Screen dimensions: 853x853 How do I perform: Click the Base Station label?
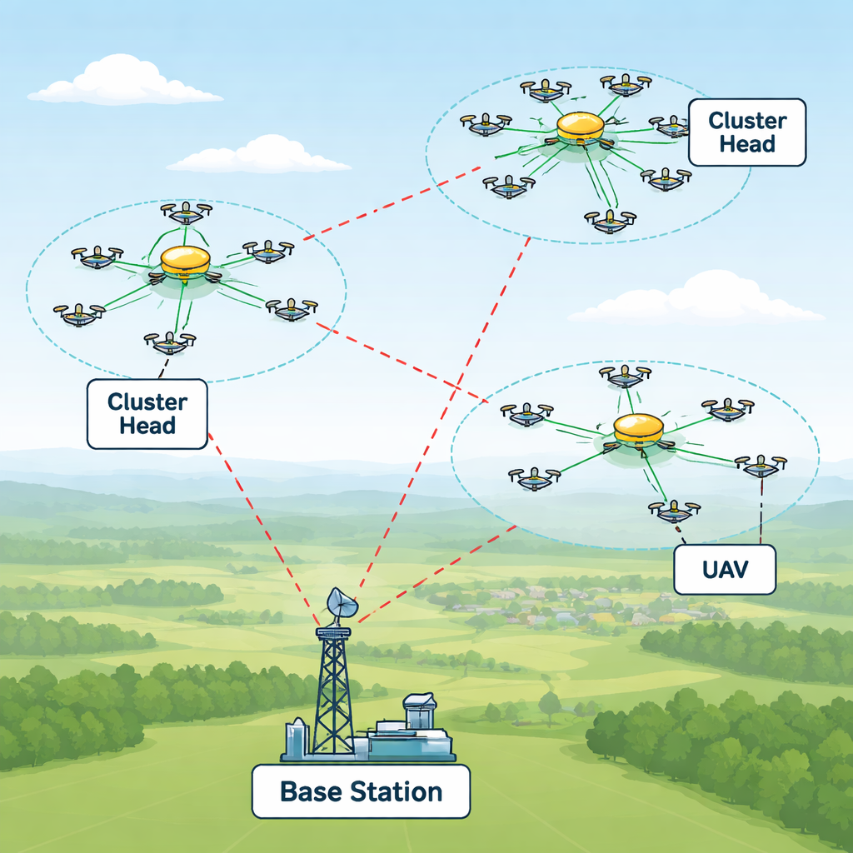tap(361, 791)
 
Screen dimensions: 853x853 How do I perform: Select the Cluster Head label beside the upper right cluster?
tap(747, 132)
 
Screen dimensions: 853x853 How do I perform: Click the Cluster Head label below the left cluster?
tap(147, 414)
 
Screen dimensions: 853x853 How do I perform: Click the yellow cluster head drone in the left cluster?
tap(185, 262)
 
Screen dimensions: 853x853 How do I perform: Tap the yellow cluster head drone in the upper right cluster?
tap(579, 127)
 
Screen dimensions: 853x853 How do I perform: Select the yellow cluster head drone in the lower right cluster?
tap(638, 429)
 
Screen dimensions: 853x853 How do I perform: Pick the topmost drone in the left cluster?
tap(186, 212)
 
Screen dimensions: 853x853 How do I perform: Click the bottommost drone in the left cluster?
tap(170, 341)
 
